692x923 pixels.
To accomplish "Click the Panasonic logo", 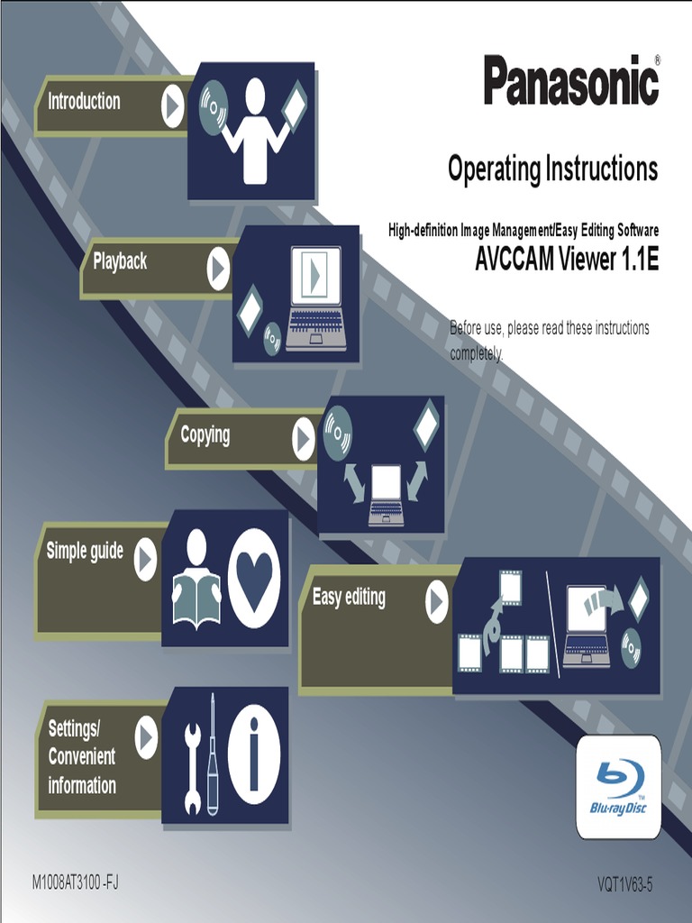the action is tap(571, 80).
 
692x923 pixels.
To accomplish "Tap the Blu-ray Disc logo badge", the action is tap(618, 786).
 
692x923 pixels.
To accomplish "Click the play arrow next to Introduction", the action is tap(172, 106).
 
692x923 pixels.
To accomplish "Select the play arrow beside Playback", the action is tap(218, 269).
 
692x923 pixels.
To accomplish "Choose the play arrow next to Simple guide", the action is tap(145, 560).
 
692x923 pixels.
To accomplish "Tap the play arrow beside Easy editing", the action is tap(437, 602).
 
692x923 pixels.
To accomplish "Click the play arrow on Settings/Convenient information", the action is tap(146, 739).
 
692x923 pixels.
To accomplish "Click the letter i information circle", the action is tap(254, 754).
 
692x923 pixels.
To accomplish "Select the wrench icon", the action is tap(192, 756).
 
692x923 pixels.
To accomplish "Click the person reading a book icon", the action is tap(196, 579).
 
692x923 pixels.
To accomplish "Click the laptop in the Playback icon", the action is tap(315, 298).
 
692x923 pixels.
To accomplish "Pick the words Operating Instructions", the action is tap(552, 169).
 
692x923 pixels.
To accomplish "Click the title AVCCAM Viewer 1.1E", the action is tap(567, 260).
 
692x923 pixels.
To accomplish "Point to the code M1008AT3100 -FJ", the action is tap(75, 882).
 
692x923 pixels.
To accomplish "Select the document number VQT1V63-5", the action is tap(624, 884).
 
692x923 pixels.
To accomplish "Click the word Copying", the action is tap(205, 435).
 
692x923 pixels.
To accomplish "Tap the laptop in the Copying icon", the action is tap(386, 495).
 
